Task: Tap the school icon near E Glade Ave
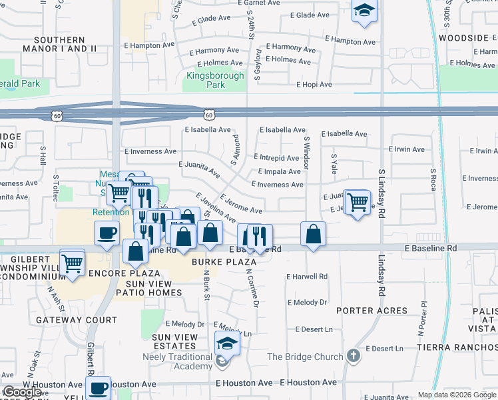(x=364, y=11)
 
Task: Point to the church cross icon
(x=353, y=357)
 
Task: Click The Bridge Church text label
(x=305, y=357)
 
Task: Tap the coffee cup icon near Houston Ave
(x=99, y=387)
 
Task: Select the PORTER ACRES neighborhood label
(x=372, y=311)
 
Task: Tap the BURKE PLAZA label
(x=224, y=262)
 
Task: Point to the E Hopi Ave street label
(x=314, y=85)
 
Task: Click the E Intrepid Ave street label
(x=276, y=158)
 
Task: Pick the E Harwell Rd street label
(x=307, y=276)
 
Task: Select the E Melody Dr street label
(x=307, y=302)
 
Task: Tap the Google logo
(x=21, y=392)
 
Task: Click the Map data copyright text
(x=456, y=395)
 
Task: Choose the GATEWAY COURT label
(x=68, y=320)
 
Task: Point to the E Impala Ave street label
(x=275, y=171)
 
